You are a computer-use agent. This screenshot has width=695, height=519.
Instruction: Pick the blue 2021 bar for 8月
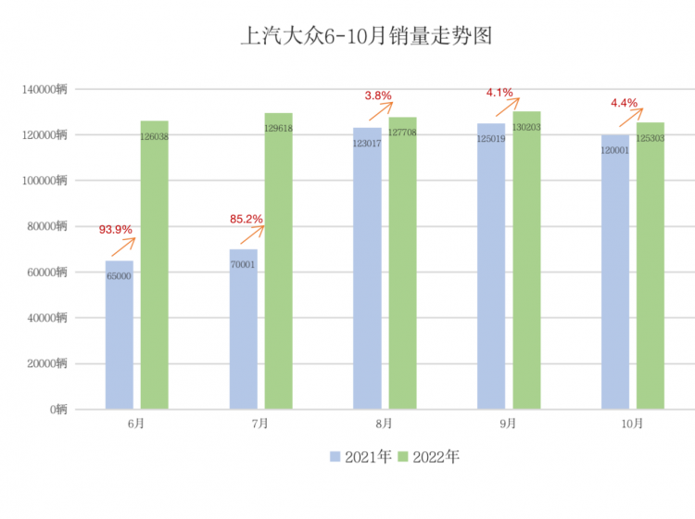[367, 269]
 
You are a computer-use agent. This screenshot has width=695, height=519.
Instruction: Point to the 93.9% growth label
[116, 229]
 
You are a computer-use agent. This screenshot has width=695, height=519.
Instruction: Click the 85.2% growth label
[246, 220]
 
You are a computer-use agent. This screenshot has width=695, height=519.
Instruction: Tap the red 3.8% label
[378, 95]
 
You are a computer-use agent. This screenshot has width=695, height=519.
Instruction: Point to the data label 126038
[155, 136]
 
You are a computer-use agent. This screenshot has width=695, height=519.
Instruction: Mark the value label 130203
[526, 127]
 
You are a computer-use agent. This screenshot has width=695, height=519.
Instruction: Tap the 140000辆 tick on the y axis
[45, 90]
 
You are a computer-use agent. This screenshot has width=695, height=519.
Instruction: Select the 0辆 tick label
[59, 409]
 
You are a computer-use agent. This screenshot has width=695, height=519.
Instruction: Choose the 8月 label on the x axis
[385, 424]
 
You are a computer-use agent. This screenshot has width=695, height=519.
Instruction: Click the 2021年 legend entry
[363, 456]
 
